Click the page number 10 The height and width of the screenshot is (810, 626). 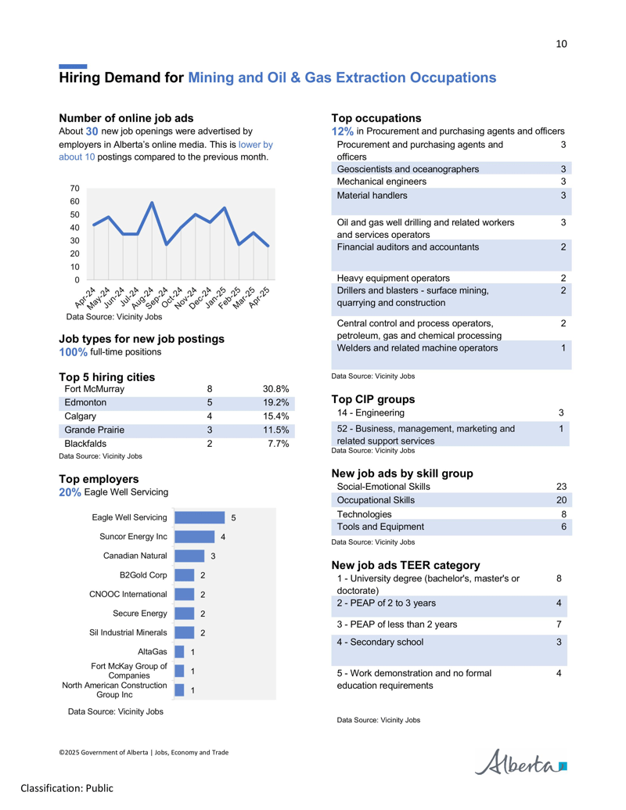click(x=561, y=44)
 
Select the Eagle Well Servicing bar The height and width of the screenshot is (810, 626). click(x=200, y=517)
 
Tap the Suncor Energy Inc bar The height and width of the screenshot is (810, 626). click(x=194, y=537)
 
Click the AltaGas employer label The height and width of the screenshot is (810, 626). click(x=153, y=652)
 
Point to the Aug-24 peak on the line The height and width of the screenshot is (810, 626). click(x=153, y=203)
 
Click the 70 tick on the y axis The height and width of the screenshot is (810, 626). click(x=75, y=189)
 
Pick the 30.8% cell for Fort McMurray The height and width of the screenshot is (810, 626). click(x=275, y=389)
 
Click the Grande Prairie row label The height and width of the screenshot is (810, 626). click(x=94, y=430)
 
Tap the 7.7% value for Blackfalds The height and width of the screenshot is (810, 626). click(x=279, y=444)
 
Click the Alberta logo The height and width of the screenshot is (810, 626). click(x=520, y=762)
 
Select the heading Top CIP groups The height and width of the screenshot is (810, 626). click(x=373, y=399)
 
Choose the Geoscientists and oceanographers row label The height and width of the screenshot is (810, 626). click(x=408, y=169)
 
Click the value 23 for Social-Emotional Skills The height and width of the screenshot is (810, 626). click(x=561, y=487)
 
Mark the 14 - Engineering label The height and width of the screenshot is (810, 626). click(x=371, y=412)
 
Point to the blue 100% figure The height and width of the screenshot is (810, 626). click(x=73, y=352)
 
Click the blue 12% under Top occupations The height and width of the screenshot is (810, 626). click(x=343, y=131)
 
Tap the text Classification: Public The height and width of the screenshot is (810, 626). click(x=67, y=788)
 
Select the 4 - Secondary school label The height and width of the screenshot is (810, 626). click(x=380, y=642)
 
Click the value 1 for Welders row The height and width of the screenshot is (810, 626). click(x=563, y=348)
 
